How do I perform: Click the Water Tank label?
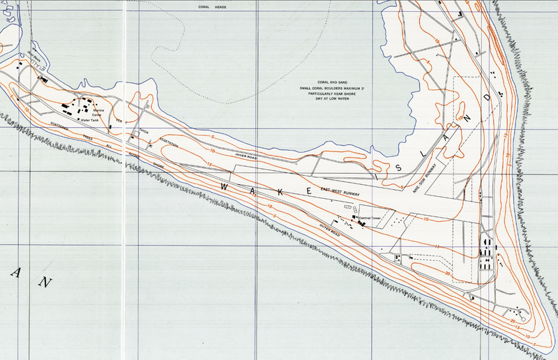point(91,120)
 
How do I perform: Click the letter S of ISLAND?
point(398,168)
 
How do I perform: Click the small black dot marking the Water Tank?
point(78,119)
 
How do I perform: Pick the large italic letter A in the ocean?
point(15,273)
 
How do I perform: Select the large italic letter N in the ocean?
point(46,283)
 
